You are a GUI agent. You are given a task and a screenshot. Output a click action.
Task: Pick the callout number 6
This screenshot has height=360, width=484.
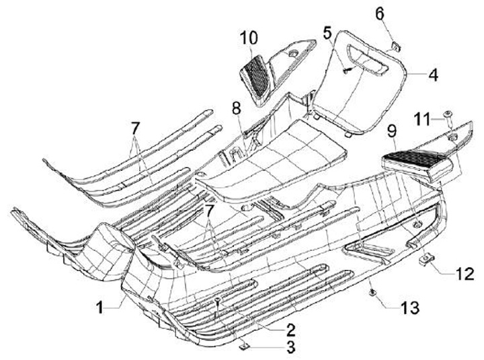[397, 13]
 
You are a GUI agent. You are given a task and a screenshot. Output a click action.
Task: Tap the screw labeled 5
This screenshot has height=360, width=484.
[346, 67]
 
